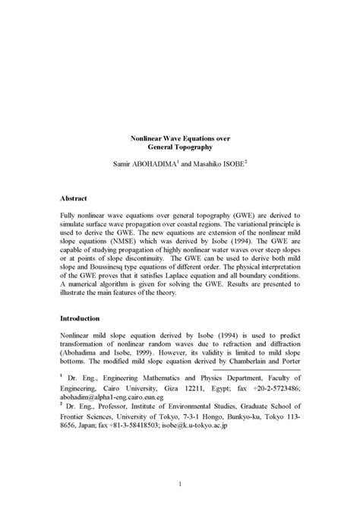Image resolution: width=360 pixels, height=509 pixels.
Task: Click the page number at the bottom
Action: pyautogui.click(x=180, y=483)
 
